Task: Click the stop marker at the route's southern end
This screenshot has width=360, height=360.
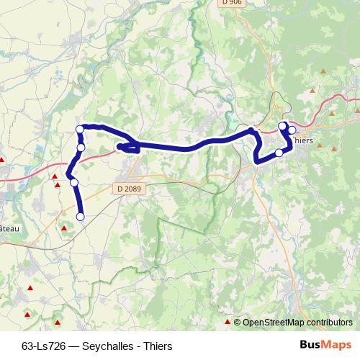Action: (80, 216)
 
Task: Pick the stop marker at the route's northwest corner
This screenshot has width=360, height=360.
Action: (79, 130)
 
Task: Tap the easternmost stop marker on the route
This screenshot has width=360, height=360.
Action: (292, 130)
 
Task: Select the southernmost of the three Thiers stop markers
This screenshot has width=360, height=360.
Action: (279, 153)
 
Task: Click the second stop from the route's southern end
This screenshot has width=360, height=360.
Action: (74, 182)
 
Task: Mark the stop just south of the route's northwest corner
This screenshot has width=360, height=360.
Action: (81, 148)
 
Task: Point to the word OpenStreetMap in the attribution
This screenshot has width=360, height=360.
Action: (276, 323)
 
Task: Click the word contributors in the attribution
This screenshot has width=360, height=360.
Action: (331, 323)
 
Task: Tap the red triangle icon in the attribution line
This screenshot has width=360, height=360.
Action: (228, 322)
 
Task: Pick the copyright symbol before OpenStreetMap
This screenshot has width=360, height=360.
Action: (238, 323)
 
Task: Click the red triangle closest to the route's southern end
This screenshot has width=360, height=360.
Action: (65, 228)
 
